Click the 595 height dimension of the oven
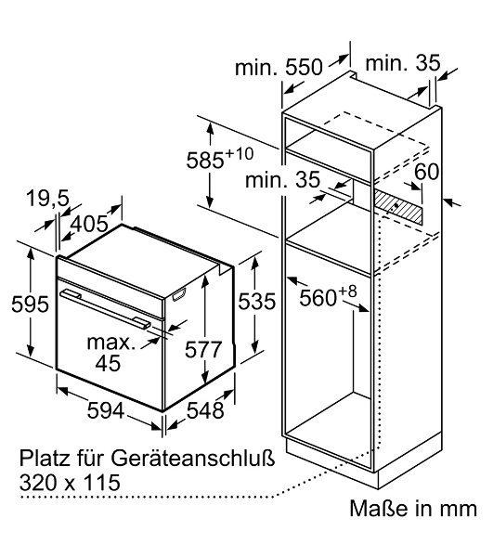tap(30, 304)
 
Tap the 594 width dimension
tap(106, 410)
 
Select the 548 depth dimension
tap(205, 410)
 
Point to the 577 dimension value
tap(203, 349)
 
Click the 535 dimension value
tap(256, 302)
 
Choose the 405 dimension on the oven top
tap(89, 224)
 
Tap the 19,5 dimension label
tap(48, 199)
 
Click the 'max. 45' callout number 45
tap(108, 363)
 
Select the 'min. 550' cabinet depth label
tap(279, 67)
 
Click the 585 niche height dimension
tap(205, 161)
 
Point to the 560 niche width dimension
tap(318, 298)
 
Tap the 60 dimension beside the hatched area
tap(426, 172)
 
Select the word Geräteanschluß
tap(192, 459)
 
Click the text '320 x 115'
tap(70, 483)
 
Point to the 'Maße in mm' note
tap(413, 509)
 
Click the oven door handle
tap(105, 308)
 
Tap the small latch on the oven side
tap(179, 295)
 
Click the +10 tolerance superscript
tap(239, 154)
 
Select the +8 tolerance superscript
tap(347, 291)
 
